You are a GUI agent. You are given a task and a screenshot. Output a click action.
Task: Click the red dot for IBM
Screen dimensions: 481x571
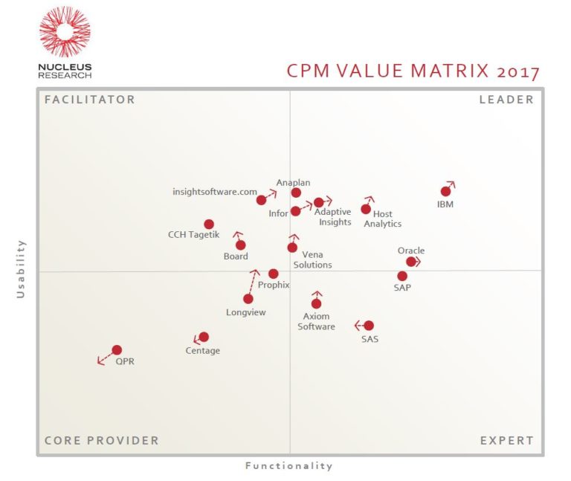445,191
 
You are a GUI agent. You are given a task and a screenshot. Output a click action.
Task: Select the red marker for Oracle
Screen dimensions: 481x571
411,262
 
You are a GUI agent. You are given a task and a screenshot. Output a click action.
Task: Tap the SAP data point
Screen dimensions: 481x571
402,277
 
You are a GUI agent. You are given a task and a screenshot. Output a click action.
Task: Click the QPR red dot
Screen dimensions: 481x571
117,350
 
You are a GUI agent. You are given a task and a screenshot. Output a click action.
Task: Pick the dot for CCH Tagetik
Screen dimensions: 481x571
209,225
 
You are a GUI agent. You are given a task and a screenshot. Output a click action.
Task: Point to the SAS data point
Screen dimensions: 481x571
369,326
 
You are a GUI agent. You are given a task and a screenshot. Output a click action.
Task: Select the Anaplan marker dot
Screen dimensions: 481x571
296,193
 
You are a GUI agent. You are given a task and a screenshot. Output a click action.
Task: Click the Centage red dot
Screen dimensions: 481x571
204,337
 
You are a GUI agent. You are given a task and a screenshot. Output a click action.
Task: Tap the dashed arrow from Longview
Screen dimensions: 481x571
252,283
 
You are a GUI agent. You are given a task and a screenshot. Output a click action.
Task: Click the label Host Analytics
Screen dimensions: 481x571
382,219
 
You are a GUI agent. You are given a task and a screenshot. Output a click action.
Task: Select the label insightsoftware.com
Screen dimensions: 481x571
215,191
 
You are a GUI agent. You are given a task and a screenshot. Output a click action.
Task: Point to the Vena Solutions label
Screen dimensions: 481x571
312,259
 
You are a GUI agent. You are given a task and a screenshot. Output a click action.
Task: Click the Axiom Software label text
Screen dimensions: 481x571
317,321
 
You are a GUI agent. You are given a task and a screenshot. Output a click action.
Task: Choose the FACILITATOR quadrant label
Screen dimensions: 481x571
89,100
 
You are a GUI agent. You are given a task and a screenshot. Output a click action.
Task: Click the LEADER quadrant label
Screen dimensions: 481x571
506,100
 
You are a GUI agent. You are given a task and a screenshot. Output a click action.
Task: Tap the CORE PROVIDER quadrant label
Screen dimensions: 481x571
101,440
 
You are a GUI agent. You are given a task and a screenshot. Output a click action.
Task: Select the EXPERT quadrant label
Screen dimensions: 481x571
506,440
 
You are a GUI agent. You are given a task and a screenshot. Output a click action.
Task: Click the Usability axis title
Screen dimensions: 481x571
21,269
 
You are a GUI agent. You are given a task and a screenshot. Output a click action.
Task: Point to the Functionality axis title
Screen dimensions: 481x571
289,466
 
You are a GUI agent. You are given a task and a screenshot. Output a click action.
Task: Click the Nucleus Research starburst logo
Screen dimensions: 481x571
65,32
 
